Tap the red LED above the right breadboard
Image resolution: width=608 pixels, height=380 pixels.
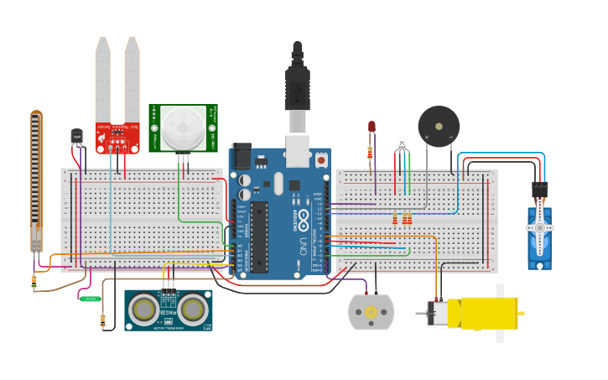(x=372, y=128)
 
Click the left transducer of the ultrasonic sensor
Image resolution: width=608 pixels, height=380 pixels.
(x=143, y=310)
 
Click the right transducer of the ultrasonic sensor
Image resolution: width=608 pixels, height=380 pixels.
(x=192, y=310)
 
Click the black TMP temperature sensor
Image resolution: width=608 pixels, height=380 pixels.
(x=77, y=137)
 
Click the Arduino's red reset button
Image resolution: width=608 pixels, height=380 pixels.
(x=321, y=158)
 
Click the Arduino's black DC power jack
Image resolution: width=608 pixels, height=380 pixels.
(x=242, y=156)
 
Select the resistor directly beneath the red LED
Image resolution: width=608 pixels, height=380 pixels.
(x=371, y=153)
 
